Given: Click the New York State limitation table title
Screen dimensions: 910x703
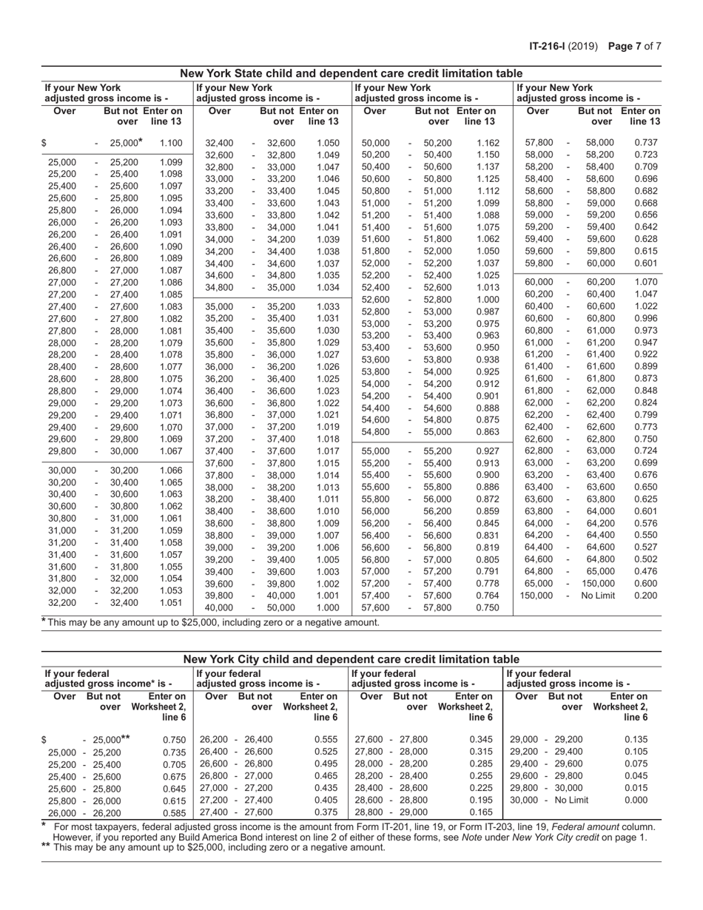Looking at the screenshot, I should tap(351, 73).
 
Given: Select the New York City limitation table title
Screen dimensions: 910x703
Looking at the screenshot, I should tap(351, 659).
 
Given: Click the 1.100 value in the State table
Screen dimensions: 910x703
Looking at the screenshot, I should tap(171, 143).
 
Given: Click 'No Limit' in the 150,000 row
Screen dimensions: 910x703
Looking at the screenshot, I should tap(597, 595).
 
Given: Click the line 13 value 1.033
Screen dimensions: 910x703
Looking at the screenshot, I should tap(328, 306).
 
